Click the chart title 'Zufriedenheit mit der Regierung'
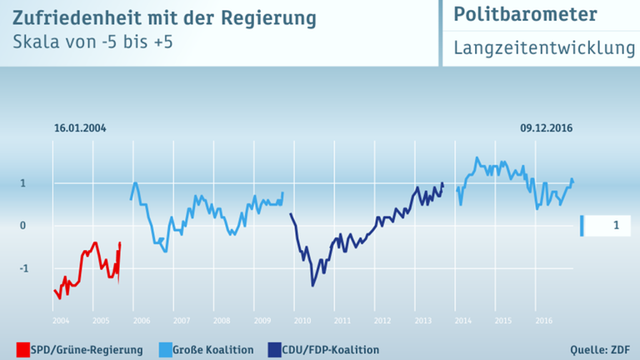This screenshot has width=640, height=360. tap(163, 17)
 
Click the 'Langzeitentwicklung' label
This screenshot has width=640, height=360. tap(544, 48)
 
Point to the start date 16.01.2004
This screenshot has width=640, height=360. tap(80, 129)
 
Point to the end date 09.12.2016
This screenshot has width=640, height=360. tap(546, 129)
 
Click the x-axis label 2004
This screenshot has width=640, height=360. tap(60, 321)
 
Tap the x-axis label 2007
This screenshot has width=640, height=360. tap(180, 321)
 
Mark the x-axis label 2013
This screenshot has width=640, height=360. tap(422, 321)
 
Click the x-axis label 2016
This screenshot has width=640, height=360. tap(543, 321)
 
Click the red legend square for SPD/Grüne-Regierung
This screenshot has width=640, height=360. tap(22, 349)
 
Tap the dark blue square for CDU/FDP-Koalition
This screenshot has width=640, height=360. tap(274, 349)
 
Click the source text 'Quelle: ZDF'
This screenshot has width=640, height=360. tap(599, 349)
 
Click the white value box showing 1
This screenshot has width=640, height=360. tap(612, 225)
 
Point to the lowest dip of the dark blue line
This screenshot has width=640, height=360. tap(312, 286)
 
